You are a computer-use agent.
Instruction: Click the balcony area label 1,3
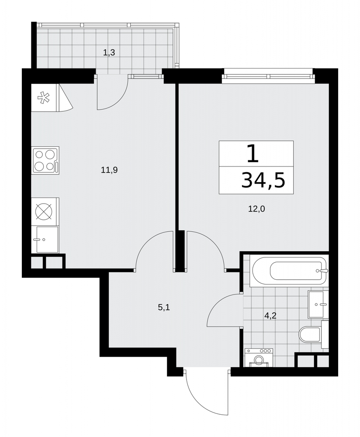(x=109, y=52)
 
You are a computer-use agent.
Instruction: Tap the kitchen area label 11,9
(x=109, y=170)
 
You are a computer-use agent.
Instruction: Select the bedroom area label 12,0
(x=256, y=209)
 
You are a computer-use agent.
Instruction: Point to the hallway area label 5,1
(x=164, y=307)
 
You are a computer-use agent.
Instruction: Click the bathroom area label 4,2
(x=270, y=316)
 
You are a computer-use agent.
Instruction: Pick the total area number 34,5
(x=263, y=180)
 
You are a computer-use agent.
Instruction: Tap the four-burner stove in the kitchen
(x=45, y=160)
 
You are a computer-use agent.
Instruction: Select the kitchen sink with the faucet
(x=47, y=239)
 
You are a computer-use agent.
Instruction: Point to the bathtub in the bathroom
(x=289, y=271)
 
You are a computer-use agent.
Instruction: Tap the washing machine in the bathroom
(x=259, y=357)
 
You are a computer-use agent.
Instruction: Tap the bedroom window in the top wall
(x=267, y=76)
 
